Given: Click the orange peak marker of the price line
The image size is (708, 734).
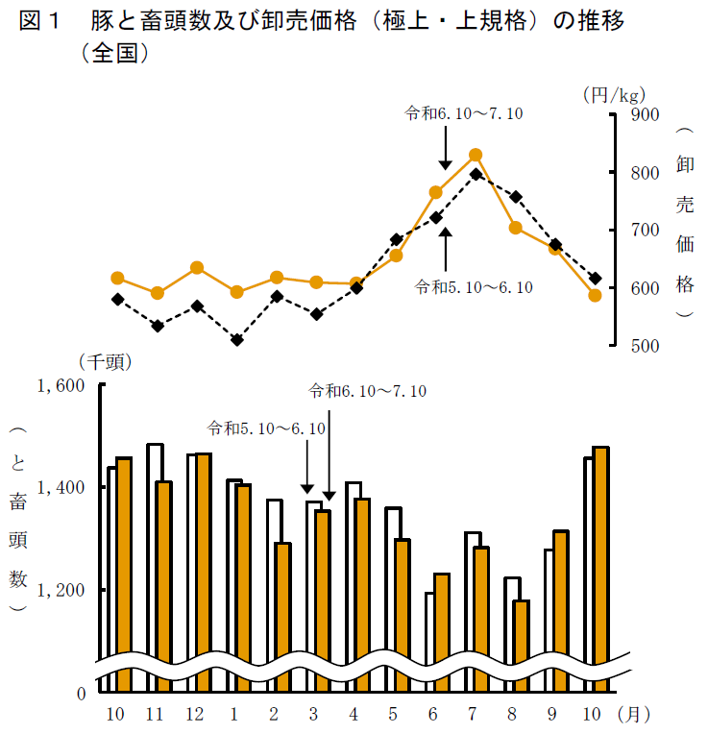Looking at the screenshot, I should pyautogui.click(x=476, y=156).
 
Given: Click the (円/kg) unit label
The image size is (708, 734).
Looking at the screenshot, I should pyautogui.click(x=613, y=94).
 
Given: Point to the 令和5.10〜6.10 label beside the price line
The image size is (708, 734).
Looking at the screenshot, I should pyautogui.click(x=474, y=286).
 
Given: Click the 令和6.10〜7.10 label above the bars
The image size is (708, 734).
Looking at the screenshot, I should pyautogui.click(x=367, y=391).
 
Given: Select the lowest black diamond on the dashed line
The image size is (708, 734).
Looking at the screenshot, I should pyautogui.click(x=237, y=340).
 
